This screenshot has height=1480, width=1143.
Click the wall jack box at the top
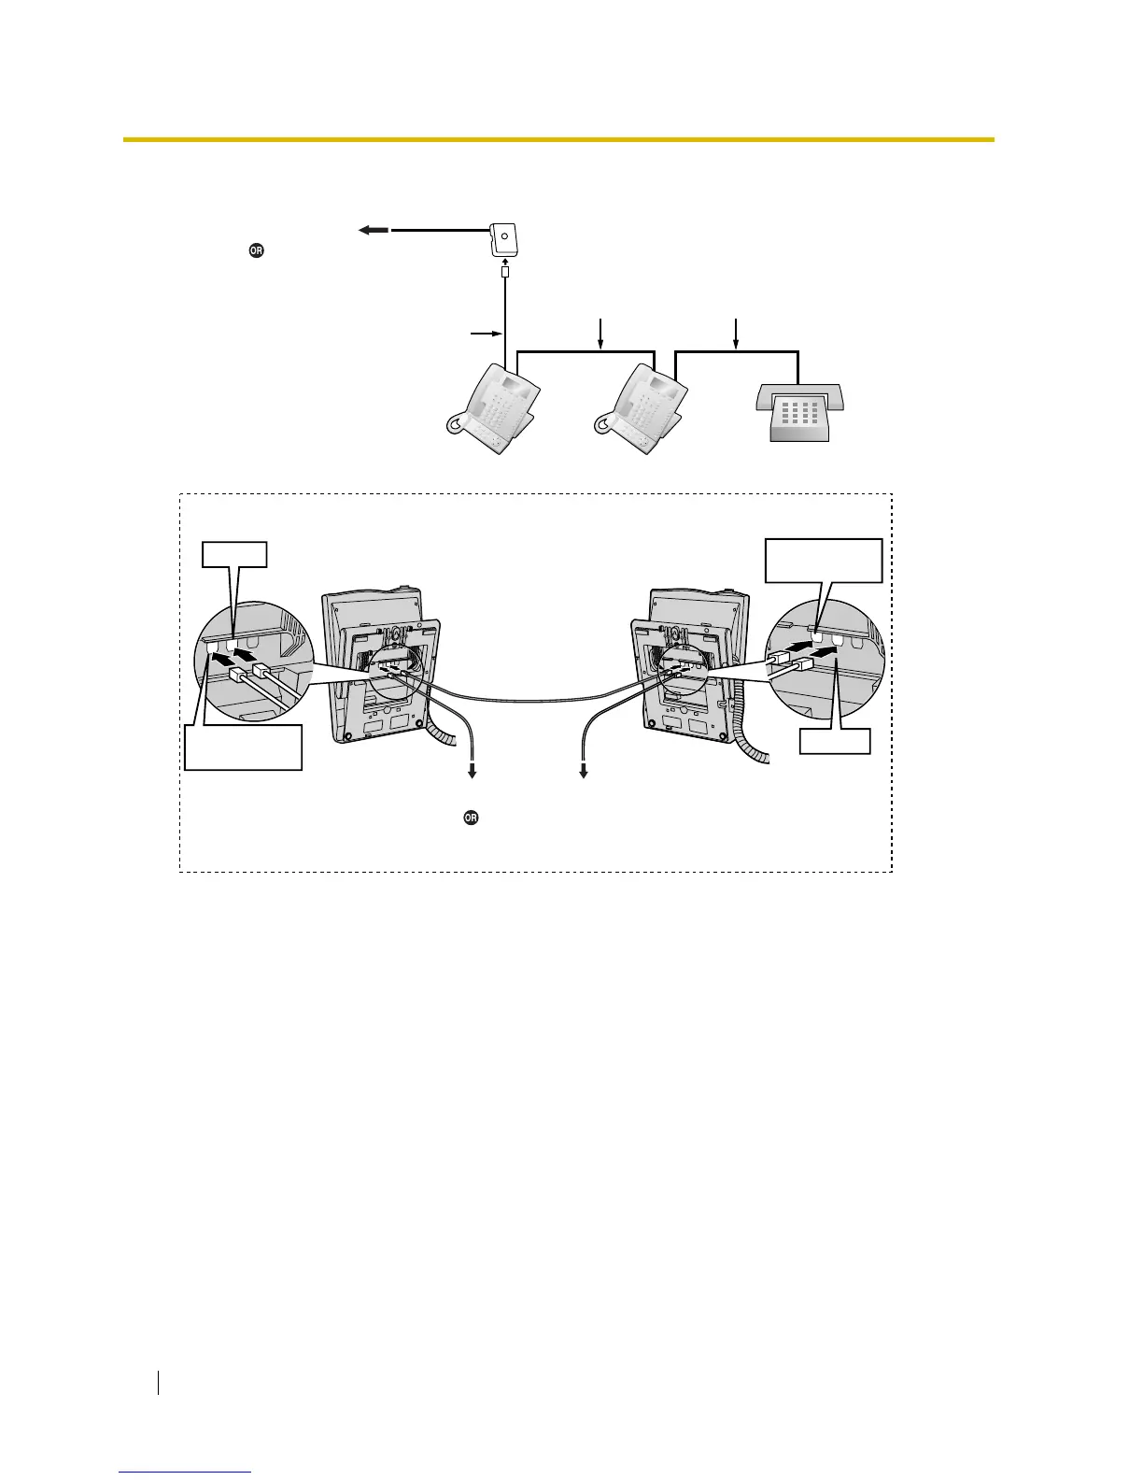tap(505, 238)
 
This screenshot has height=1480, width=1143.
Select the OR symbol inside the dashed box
tap(471, 818)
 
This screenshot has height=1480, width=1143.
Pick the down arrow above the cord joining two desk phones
tap(600, 332)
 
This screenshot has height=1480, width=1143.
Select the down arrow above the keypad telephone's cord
tap(737, 332)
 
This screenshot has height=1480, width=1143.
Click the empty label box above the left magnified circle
tap(235, 555)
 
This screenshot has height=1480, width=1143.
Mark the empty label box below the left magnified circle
tap(243, 746)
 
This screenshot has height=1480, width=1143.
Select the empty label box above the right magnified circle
tap(823, 560)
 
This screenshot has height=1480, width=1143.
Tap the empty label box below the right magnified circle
tap(835, 742)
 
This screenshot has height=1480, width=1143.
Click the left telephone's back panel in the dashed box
tap(383, 663)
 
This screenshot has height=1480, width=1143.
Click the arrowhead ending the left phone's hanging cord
tap(473, 772)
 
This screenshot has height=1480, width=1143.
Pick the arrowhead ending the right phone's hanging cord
tap(585, 772)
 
